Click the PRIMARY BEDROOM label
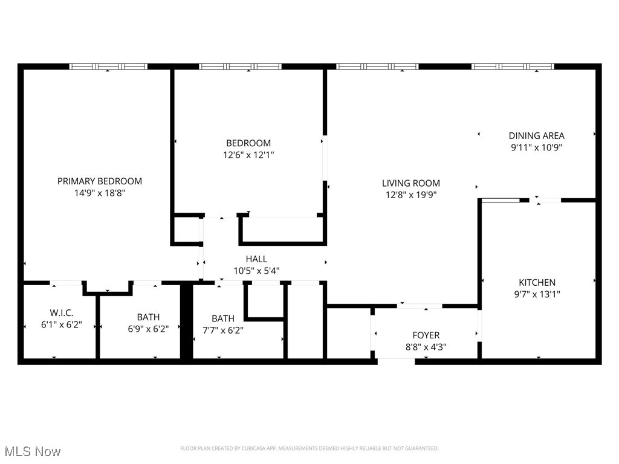coord(100,181)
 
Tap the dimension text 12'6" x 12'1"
coord(248,155)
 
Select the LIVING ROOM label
coord(410,183)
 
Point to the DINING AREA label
coord(536,136)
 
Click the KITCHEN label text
coord(537,282)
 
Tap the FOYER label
coord(426,335)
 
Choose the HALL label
coord(256,259)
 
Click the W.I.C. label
coord(61,313)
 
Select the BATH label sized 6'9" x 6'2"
coord(148,317)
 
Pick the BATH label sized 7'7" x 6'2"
coord(223,318)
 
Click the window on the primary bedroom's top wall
coord(108,66)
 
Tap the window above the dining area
coord(513,66)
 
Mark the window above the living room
coord(377,66)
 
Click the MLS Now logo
coord(33,451)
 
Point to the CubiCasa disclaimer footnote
coord(309,448)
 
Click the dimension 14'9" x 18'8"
coord(100,193)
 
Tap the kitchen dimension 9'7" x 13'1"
coord(537,294)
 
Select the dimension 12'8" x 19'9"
coord(410,195)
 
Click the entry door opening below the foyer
coord(397,361)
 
